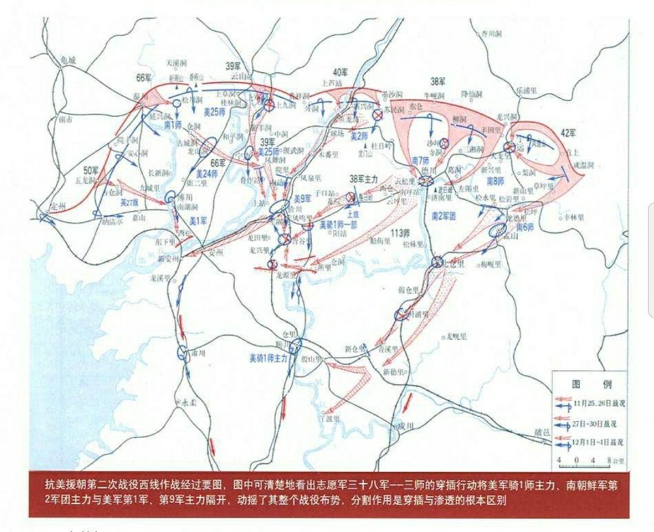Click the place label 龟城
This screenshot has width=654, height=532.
(x=64, y=60)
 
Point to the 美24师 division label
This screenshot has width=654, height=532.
(x=208, y=174)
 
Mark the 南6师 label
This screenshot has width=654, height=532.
(x=526, y=226)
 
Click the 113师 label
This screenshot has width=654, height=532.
(x=397, y=234)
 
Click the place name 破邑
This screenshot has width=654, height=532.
(x=544, y=433)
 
